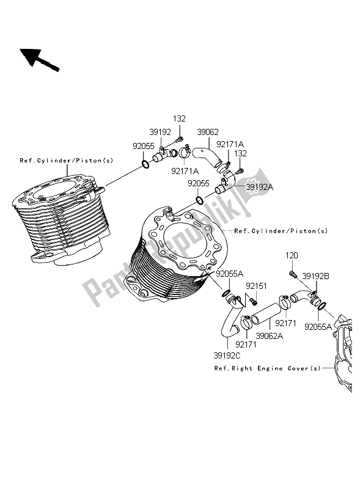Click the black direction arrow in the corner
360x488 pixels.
39,60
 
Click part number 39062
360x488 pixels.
208,132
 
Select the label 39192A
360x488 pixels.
259,187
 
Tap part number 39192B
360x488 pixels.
316,276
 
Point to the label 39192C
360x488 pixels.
227,355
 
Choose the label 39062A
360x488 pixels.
270,336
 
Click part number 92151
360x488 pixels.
256,286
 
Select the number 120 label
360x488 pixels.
292,255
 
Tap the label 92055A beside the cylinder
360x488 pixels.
230,274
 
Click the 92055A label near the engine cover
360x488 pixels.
318,327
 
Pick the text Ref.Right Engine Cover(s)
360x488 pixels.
267,368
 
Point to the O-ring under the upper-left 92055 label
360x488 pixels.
145,164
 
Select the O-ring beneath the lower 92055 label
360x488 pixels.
200,200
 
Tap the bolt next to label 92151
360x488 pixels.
254,301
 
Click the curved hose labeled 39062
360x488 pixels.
207,157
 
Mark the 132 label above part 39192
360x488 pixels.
179,119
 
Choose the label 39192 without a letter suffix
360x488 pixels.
160,133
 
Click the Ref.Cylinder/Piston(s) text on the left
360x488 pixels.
67,161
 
